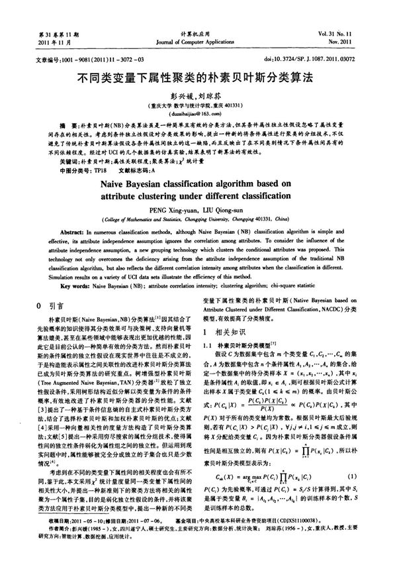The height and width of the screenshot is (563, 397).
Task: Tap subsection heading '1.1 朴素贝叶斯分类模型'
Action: pos(239,345)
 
